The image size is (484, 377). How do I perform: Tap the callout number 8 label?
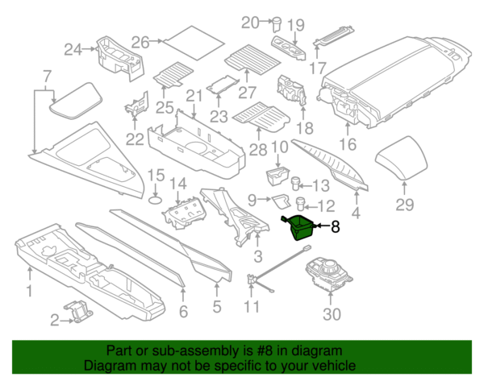(x=336, y=228)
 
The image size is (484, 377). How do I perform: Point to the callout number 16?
(x=347, y=145)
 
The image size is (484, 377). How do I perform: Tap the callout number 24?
(x=73, y=50)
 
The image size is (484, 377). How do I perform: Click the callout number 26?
(x=140, y=41)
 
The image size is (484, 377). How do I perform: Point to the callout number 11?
(x=252, y=307)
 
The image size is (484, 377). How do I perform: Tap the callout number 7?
(x=47, y=77)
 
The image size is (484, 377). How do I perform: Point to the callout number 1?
(x=30, y=290)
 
